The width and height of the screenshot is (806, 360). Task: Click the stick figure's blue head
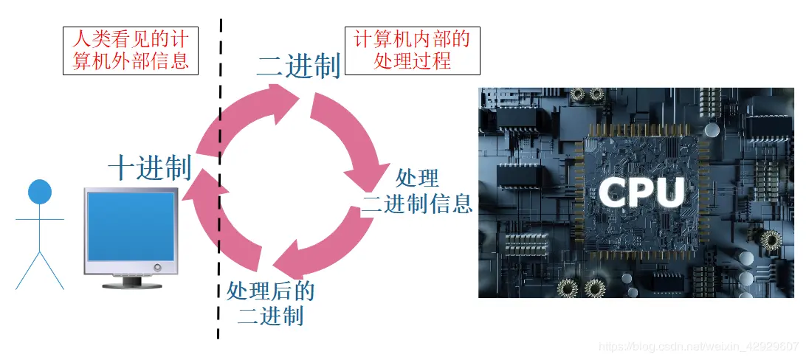pos(40,192)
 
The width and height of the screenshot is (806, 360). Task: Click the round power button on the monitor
pos(155,267)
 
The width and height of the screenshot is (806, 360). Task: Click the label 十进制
pos(150,168)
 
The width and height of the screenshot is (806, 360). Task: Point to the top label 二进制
pos(298,66)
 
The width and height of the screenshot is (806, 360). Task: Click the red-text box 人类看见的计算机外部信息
pos(131,50)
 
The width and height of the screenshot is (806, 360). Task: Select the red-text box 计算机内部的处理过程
pos(413,50)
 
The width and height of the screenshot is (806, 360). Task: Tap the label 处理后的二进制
pos(271,303)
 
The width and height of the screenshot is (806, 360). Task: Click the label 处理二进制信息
pos(418,191)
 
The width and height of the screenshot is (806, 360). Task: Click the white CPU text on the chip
pos(641,192)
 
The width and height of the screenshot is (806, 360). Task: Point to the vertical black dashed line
pos(219,184)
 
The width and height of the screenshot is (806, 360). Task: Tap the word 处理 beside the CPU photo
pos(418,179)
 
